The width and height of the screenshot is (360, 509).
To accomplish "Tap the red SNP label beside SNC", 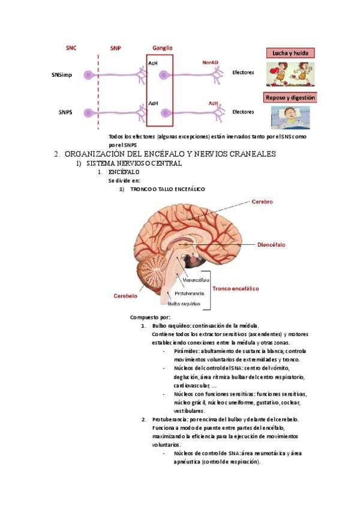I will [x=115, y=47].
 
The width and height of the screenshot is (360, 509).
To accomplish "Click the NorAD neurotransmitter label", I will [x=211, y=62].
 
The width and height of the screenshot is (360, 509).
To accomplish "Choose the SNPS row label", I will [x=66, y=112].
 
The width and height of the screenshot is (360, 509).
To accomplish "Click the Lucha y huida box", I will [x=290, y=53].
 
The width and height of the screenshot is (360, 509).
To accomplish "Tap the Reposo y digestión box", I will [x=290, y=97].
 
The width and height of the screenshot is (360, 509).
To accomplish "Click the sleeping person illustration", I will [x=290, y=117].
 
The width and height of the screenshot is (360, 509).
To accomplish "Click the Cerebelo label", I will [x=126, y=296].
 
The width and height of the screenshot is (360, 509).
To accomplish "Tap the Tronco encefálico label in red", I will [x=236, y=289].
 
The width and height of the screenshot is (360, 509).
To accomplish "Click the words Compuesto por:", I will [x=150, y=317].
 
